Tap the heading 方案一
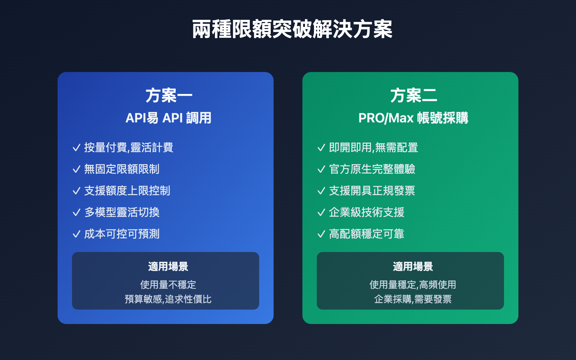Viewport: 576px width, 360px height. pyautogui.click(x=168, y=96)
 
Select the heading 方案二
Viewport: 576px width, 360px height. pyautogui.click(x=413, y=96)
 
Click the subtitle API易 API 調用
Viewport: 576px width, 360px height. pyautogui.click(x=168, y=118)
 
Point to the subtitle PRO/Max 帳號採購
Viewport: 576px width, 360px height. pyautogui.click(x=413, y=118)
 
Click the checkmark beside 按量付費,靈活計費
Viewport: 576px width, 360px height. pyautogui.click(x=76, y=148)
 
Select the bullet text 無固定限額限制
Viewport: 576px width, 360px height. pyautogui.click(x=122, y=169)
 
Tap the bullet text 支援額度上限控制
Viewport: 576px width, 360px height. pyautogui.click(x=127, y=191)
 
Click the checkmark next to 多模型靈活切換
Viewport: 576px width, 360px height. pyautogui.click(x=76, y=213)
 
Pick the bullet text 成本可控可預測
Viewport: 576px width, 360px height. pyautogui.click(x=122, y=234)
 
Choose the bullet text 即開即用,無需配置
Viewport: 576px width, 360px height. pyautogui.click(x=373, y=148)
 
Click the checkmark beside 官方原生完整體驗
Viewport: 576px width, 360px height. pyautogui.click(x=321, y=170)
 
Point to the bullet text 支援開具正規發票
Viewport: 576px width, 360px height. pyautogui.click(x=372, y=191)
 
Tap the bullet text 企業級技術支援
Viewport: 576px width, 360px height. pyautogui.click(x=366, y=212)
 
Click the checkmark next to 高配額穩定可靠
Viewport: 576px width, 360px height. pyautogui.click(x=321, y=234)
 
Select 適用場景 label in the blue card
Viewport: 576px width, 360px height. pyautogui.click(x=168, y=267)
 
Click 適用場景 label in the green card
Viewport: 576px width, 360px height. pyautogui.click(x=413, y=267)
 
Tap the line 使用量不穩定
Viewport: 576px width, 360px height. pyautogui.click(x=168, y=285)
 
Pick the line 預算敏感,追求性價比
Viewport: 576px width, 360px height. pyautogui.click(x=168, y=299)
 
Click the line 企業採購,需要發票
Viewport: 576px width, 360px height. pyautogui.click(x=413, y=299)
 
